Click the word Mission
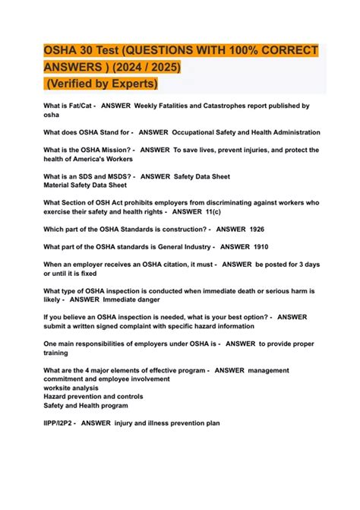112,150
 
